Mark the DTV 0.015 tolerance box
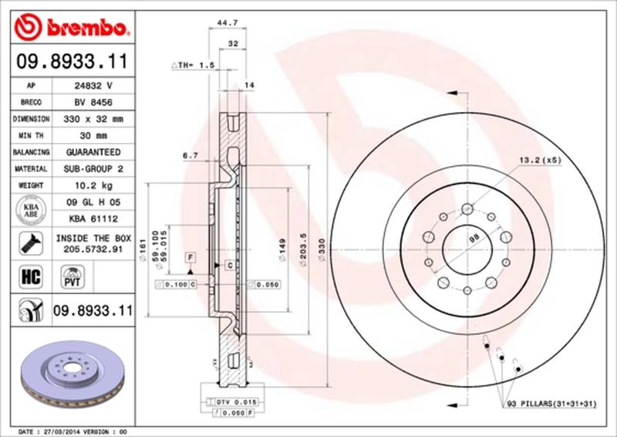235,401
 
